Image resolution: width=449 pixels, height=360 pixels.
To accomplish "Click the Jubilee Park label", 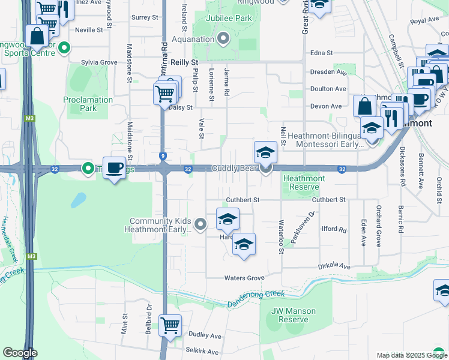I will click(x=229, y=19).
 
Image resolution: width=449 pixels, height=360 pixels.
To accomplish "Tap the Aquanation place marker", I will click(x=224, y=40).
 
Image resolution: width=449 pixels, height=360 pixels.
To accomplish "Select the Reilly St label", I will click(x=184, y=62).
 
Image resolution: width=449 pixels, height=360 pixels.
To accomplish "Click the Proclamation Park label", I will click(x=88, y=104).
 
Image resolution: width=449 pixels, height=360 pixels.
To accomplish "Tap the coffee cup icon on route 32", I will click(x=113, y=168).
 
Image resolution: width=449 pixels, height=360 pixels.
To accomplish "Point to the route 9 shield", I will click(x=163, y=157).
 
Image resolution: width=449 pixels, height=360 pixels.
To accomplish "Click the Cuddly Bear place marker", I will click(x=266, y=169).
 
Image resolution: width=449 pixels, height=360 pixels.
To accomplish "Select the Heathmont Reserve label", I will click(x=304, y=182).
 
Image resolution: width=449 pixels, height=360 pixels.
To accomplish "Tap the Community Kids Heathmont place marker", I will click(x=201, y=224).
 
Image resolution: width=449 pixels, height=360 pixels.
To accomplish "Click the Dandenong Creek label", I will click(x=256, y=298).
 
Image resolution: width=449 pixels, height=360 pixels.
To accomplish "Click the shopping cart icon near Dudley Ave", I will click(x=170, y=325).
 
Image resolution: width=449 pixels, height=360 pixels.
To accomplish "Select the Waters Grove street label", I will click(x=244, y=278).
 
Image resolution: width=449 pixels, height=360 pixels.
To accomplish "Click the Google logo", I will click(x=20, y=353).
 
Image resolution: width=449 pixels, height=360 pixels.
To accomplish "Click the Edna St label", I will click(x=321, y=53).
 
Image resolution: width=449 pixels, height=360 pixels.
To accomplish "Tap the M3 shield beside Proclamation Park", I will click(x=29, y=118).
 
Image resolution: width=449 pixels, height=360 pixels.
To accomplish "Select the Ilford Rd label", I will click(x=334, y=230).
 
